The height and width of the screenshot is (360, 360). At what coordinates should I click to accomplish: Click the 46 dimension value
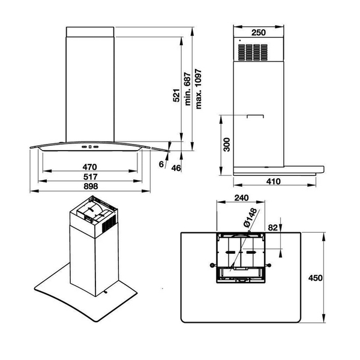[x=176, y=167]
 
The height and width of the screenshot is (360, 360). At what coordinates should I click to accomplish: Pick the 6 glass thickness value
[x=161, y=164]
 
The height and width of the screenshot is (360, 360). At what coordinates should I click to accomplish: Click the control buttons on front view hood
[x=89, y=146]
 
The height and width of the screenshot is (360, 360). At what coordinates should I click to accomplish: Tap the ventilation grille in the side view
[x=251, y=52]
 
